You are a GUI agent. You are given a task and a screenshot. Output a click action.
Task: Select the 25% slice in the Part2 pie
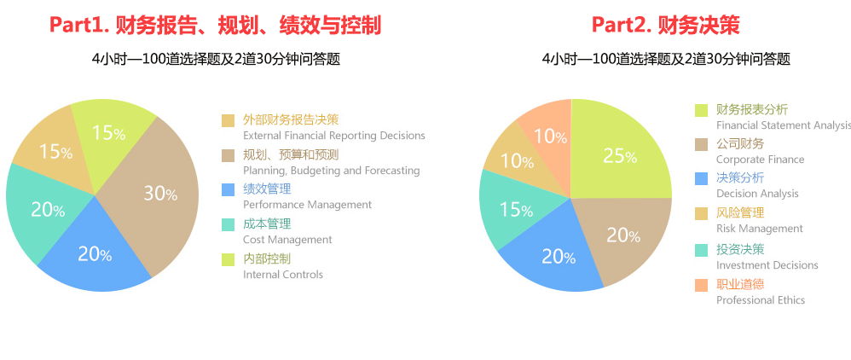pos(619,154)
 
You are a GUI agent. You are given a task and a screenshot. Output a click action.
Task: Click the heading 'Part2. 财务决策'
pos(665,25)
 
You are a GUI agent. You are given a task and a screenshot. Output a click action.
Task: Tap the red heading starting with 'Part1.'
pos(215,25)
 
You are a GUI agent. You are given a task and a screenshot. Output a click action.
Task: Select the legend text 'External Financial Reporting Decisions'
pos(333,136)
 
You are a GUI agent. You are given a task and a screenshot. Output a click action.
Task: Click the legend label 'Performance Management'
pos(307,205)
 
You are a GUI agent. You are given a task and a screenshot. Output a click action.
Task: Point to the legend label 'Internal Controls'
pos(283,274)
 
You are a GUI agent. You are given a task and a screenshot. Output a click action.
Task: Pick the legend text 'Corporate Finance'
pos(760,160)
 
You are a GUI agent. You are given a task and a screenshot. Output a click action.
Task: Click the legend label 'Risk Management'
pos(759,229)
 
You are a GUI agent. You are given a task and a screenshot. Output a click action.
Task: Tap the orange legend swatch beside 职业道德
pos(701,285)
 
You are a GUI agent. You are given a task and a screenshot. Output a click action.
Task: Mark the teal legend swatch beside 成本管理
pos(228,224)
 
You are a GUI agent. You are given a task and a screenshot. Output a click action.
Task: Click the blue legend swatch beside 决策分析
pos(701,179)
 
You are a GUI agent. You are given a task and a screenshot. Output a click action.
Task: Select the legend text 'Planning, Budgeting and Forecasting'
pos(331,171)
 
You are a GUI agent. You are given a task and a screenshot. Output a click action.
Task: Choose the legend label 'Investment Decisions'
pos(767,265)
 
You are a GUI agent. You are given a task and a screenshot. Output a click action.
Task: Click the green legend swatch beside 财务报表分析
pos(701,110)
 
